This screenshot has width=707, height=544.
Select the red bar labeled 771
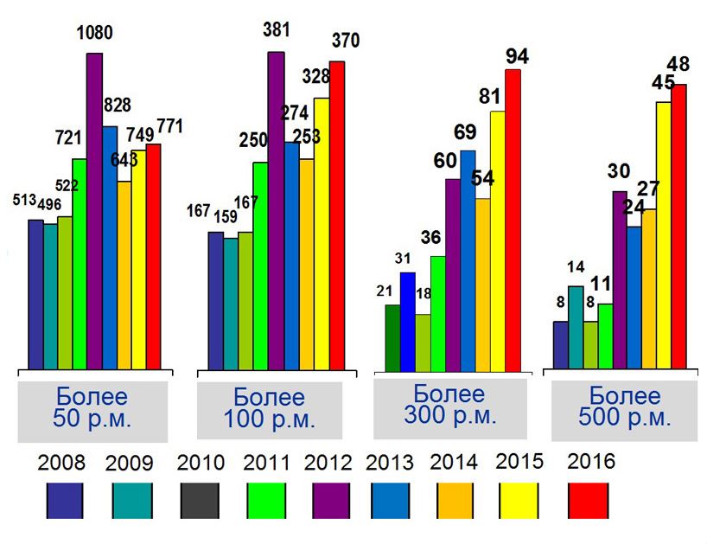click(x=153, y=255)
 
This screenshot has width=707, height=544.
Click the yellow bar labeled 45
click(x=663, y=234)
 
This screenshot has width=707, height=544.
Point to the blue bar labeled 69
click(x=468, y=259)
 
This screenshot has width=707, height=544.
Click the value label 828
click(x=116, y=106)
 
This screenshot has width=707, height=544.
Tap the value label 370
click(x=343, y=41)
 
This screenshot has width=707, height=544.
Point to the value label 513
click(x=24, y=201)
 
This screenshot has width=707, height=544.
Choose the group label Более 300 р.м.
click(x=449, y=405)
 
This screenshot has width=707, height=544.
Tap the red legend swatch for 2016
click(x=587, y=501)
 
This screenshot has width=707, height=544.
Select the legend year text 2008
click(x=61, y=462)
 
